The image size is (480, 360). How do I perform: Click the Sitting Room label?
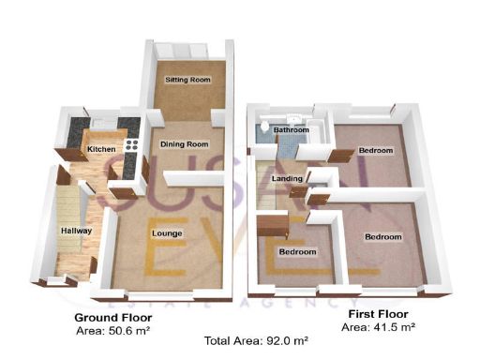pos(183,81)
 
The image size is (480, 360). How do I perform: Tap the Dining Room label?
pos(183,143)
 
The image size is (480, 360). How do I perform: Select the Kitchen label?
pos(101,149)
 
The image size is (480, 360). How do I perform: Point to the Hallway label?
pos(75,230)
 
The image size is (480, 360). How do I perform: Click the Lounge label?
pos(166,232)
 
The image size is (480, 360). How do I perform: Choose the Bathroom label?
pos(291,130)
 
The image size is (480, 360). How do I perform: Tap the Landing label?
pos(285,178)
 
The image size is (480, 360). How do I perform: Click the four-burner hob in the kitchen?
pos(131,145)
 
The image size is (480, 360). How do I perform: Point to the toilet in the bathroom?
pos(266,126)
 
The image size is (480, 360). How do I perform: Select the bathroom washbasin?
pos(293,119)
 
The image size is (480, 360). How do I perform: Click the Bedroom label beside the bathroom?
pos(374,150)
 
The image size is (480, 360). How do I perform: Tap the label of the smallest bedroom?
pos(297,252)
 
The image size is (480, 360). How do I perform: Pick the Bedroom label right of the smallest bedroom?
pos(382,237)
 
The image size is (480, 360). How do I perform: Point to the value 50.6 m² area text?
pos(112,330)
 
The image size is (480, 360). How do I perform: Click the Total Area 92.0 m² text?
pos(246,341)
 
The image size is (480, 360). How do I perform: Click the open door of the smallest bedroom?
pos(273,225)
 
